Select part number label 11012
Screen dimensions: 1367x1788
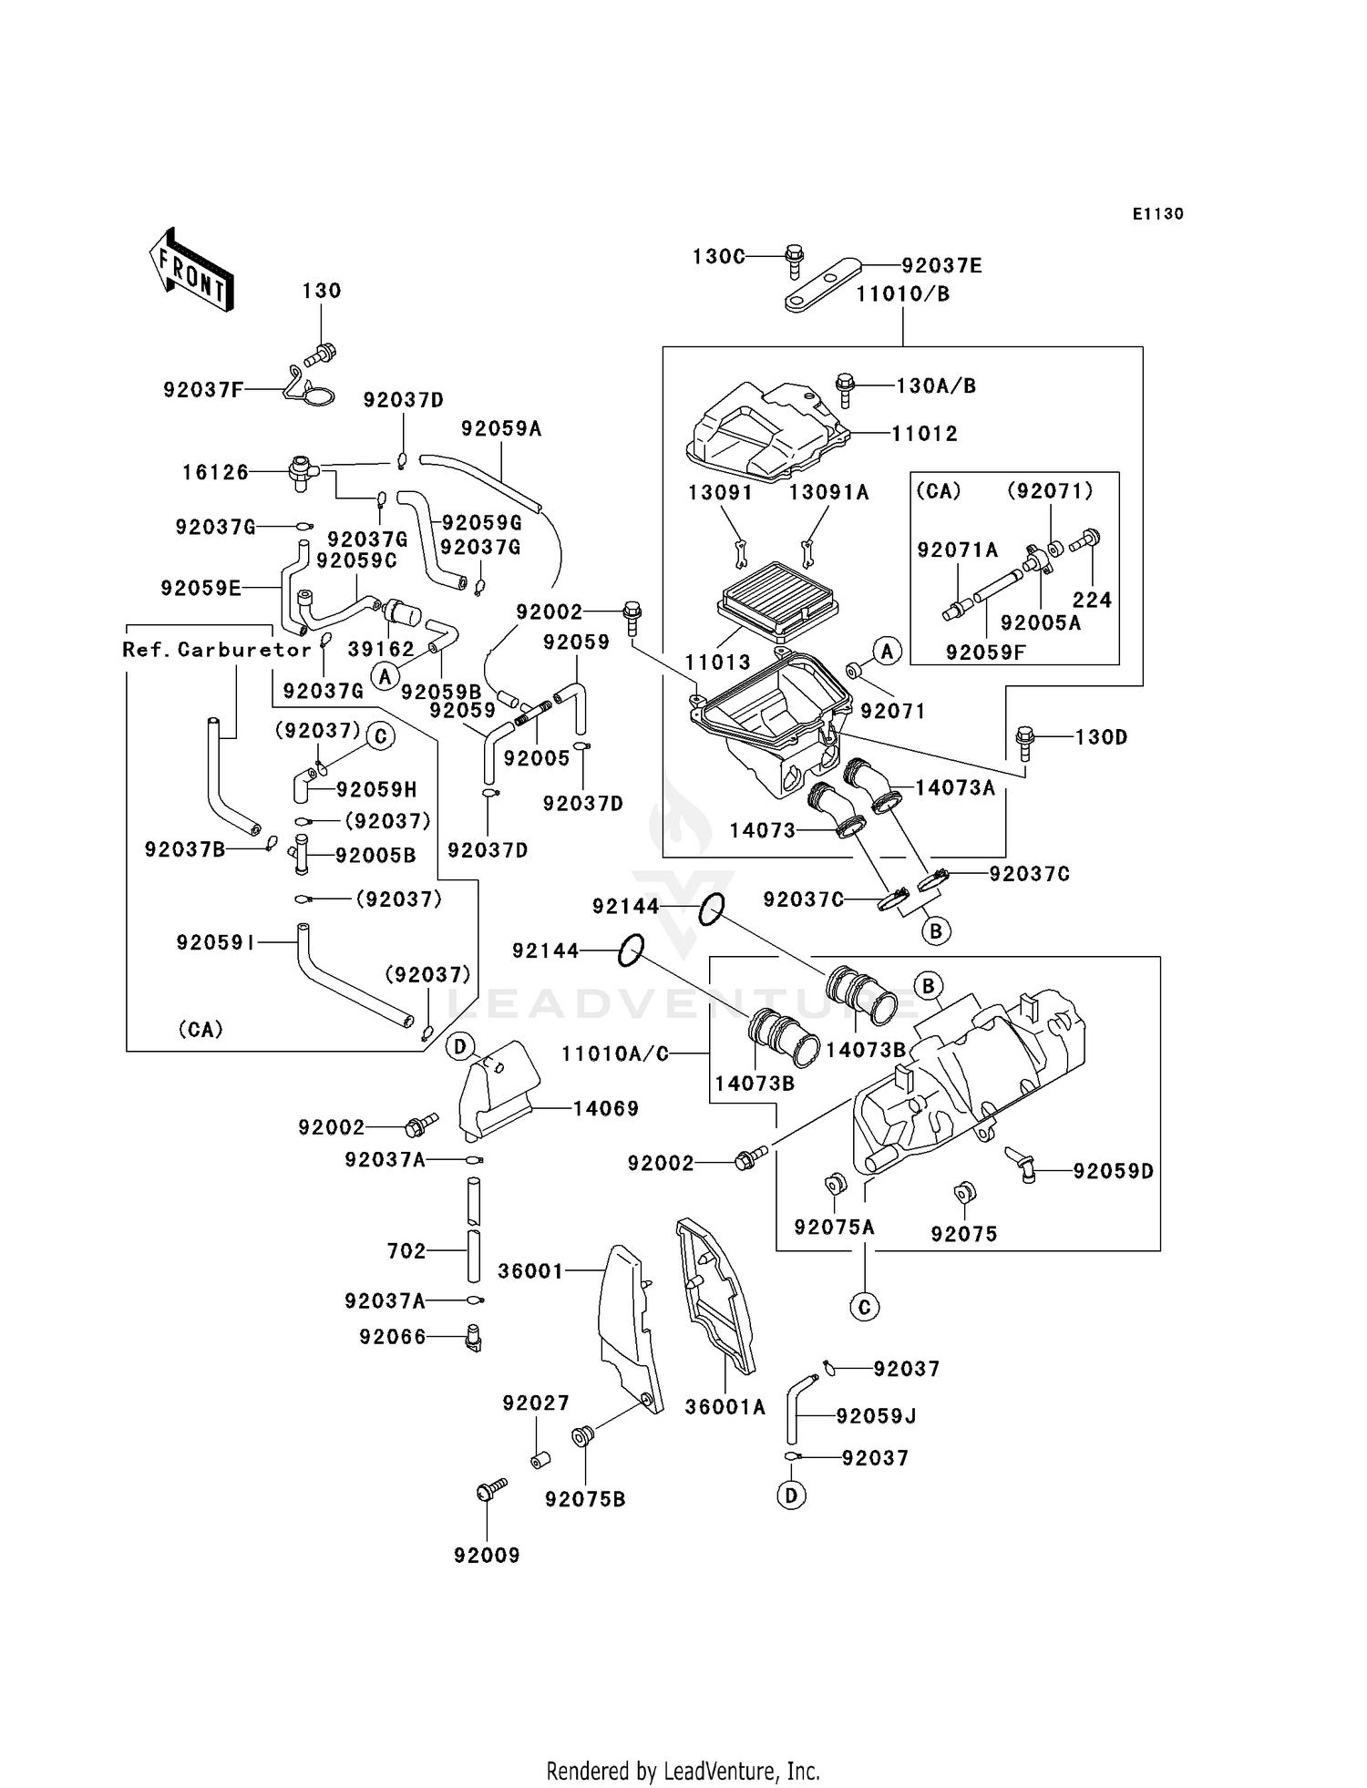coord(924,434)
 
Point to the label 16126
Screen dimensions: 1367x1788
coord(215,472)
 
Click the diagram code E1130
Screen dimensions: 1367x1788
coord(1158,213)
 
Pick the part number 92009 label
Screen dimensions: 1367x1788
coord(487,1556)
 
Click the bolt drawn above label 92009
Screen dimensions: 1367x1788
coord(491,1490)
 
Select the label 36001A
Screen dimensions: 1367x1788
coord(725,1407)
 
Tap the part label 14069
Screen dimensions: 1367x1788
coord(606,1109)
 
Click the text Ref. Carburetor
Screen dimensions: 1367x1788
coord(217,650)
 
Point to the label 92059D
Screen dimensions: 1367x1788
coord(1113,1171)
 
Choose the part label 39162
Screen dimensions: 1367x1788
coord(381,649)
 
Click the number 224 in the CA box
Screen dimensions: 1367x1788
coord(1092,600)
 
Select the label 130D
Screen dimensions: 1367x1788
coord(1101,736)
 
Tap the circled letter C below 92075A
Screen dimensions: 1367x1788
coord(864,1308)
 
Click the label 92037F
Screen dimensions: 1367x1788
coord(204,390)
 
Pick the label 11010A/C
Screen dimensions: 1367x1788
coord(615,1054)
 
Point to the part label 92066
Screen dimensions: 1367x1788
coord(393,1337)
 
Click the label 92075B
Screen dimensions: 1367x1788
coord(585,1499)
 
